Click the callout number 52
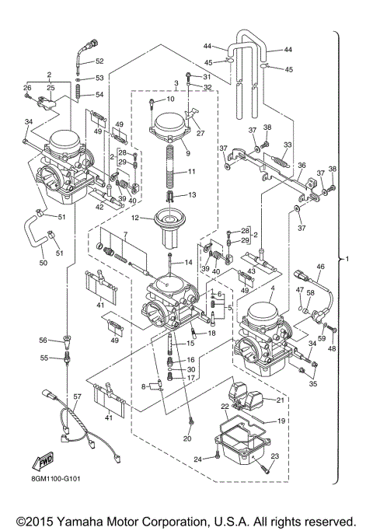[99, 61]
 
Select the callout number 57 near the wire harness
[77, 397]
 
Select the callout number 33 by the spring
[288, 144]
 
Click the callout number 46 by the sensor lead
[319, 267]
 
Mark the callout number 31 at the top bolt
[206, 76]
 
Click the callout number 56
[44, 340]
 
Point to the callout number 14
[186, 264]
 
